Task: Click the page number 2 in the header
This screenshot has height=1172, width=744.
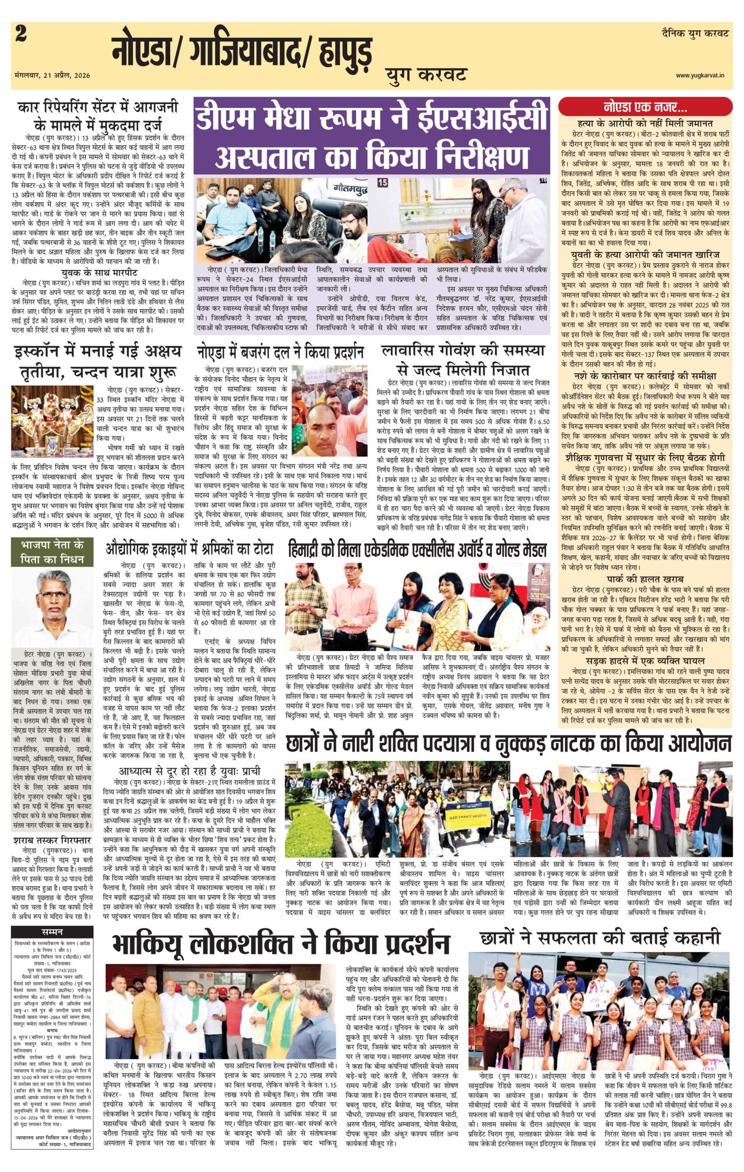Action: pos(20,34)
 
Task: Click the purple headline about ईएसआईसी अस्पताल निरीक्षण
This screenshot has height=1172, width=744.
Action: pos(372,136)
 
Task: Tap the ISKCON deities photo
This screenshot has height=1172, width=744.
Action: pos(52,412)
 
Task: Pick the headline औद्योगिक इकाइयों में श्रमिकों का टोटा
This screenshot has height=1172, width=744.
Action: pos(190,549)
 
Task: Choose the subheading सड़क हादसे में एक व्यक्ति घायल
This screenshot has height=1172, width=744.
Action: pos(645,661)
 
